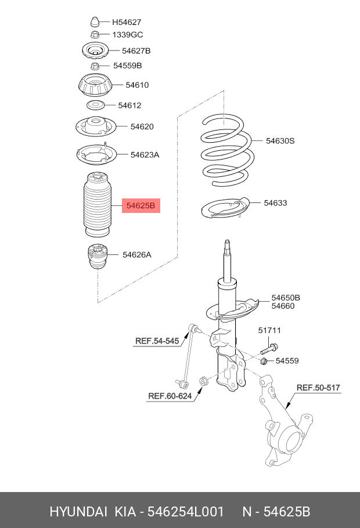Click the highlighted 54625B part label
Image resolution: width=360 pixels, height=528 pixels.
[x=141, y=205]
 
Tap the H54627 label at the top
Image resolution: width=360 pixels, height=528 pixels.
[x=127, y=23]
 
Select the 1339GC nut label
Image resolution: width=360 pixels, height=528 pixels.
[x=127, y=35]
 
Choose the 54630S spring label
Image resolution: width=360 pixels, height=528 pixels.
[x=280, y=140]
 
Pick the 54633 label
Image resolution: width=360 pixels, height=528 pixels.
[x=275, y=203]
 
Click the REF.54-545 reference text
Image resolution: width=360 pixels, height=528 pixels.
[x=157, y=341]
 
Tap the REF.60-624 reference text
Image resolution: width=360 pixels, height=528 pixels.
[x=170, y=397]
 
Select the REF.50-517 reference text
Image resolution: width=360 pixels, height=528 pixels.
[x=318, y=388]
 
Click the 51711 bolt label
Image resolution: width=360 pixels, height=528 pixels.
[x=269, y=331]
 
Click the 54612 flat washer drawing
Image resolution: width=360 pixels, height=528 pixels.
[x=95, y=106]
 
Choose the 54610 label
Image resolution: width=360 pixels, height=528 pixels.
[x=137, y=85]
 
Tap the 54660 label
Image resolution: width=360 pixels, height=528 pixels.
[x=286, y=306]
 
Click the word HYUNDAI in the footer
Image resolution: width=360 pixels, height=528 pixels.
[x=78, y=512]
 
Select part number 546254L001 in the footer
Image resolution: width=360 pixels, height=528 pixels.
[x=185, y=512]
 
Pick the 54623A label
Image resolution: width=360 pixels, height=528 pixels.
[x=145, y=155]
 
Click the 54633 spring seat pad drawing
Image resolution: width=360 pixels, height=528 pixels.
[x=224, y=212]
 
